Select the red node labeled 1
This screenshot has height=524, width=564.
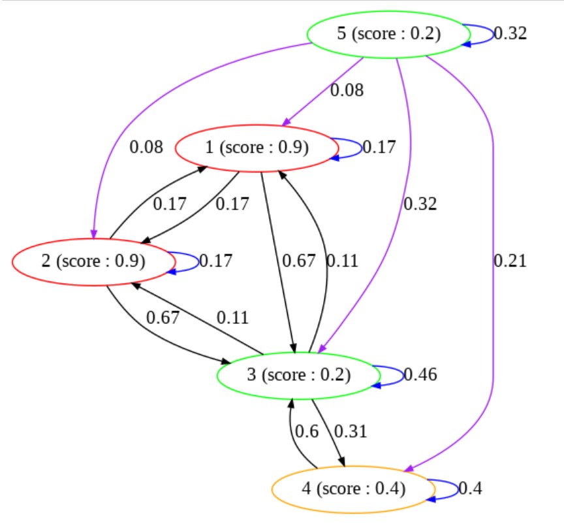point(257,148)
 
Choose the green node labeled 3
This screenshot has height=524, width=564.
point(298,375)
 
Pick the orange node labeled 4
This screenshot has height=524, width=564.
point(353,488)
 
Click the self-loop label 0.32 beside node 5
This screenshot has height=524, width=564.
point(509,34)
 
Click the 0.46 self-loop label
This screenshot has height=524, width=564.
point(420,375)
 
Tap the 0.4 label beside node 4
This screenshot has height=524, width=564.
point(470,488)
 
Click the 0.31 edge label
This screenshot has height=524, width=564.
point(351,431)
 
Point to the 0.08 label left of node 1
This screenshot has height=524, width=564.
point(146,147)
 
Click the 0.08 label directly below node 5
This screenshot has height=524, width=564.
point(347,90)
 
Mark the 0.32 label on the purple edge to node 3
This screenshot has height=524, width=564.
point(420,204)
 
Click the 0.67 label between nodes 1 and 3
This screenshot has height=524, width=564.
point(298,261)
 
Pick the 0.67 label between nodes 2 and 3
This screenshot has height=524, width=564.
point(163,318)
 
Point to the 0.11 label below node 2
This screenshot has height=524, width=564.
point(232,318)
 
